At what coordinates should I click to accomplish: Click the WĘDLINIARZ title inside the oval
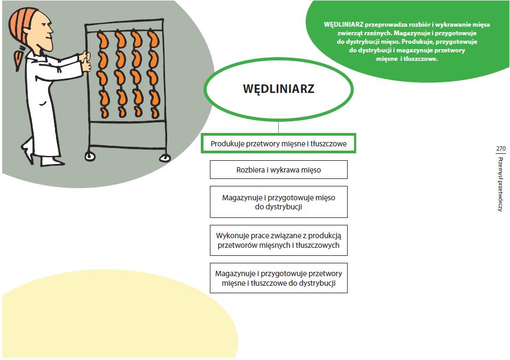(278, 88)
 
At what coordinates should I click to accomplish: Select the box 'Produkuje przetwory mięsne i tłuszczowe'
(278, 144)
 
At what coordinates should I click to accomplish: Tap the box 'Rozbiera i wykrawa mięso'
(278, 170)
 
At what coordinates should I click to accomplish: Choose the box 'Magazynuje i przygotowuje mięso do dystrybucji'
(278, 202)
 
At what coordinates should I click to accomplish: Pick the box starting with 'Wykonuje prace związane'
(278, 240)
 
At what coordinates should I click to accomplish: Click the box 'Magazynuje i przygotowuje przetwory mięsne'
(278, 278)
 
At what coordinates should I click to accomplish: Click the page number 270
(500, 148)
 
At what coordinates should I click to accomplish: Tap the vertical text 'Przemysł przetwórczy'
(500, 184)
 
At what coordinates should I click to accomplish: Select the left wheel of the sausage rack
(89, 156)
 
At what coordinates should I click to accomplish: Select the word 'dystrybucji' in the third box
(278, 207)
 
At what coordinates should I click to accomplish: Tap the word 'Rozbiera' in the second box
(250, 170)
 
